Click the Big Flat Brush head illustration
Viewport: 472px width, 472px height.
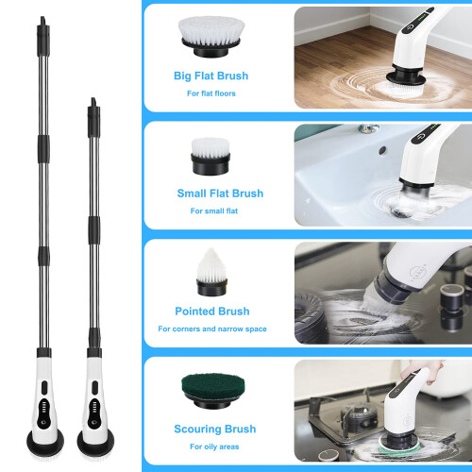pyautogui.click(x=211, y=36)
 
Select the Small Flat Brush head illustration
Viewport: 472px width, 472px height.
pyautogui.click(x=211, y=157)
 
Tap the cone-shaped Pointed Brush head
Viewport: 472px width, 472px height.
pyautogui.click(x=211, y=273)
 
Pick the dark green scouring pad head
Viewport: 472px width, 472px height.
pyautogui.click(x=213, y=390)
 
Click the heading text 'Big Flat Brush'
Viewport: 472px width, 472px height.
pyautogui.click(x=211, y=76)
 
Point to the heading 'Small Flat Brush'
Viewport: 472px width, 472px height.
pyautogui.click(x=220, y=194)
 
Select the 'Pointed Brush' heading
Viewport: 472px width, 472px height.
pyautogui.click(x=212, y=312)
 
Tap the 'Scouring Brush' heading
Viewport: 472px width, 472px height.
pyautogui.click(x=215, y=429)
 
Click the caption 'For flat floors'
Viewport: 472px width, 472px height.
pyautogui.click(x=211, y=93)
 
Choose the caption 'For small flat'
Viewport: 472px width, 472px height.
pyautogui.click(x=214, y=211)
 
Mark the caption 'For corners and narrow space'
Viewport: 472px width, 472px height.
pyautogui.click(x=212, y=329)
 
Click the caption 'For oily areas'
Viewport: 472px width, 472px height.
pyautogui.click(x=214, y=447)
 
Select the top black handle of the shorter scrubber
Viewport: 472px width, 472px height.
pyautogui.click(x=93, y=118)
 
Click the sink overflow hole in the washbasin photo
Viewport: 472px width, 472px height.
pyautogui.click(x=382, y=150)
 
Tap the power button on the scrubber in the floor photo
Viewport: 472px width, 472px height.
pyautogui.click(x=409, y=27)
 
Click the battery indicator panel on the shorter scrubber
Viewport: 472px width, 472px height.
pyautogui.click(x=94, y=407)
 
